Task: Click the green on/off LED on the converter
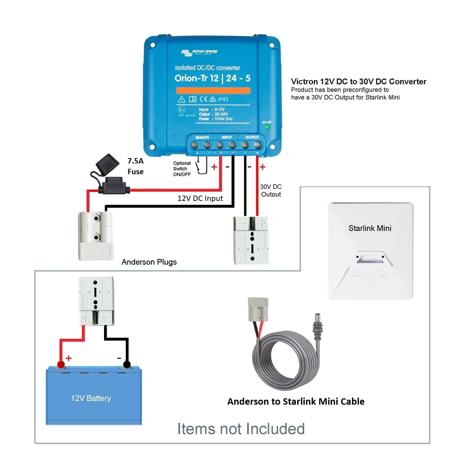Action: (x=267, y=127)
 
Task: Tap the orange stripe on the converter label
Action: (x=213, y=91)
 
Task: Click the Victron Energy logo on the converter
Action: (x=199, y=52)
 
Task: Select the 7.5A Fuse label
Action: (x=136, y=166)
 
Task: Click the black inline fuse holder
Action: (x=114, y=185)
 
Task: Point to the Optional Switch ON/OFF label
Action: (x=182, y=169)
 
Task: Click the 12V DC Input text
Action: (x=200, y=198)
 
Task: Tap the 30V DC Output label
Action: (x=271, y=190)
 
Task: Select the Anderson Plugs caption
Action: (x=149, y=262)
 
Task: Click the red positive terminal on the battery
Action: (x=60, y=364)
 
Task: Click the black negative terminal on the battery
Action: (x=127, y=364)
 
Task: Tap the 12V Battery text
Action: (x=91, y=398)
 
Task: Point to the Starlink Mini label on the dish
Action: (x=370, y=228)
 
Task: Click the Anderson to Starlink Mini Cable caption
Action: (x=296, y=402)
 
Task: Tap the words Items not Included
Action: (x=241, y=429)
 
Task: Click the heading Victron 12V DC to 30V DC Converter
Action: (x=358, y=82)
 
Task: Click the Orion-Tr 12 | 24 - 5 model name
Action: (x=212, y=78)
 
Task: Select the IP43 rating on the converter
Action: (x=223, y=99)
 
